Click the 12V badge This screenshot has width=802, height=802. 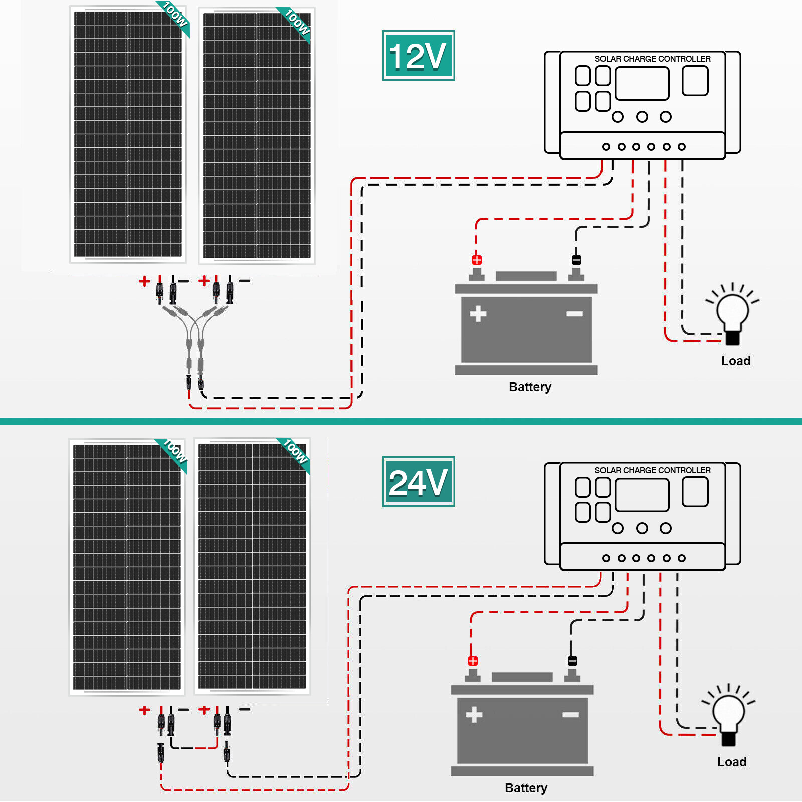[419, 55]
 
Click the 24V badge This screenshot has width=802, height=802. [419, 482]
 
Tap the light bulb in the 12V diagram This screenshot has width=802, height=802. [732, 311]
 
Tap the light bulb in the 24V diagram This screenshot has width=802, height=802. [728, 712]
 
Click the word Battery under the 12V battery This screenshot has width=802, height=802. [530, 387]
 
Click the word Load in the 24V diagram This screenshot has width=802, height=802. [732, 762]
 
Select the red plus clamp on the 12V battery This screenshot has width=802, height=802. [477, 260]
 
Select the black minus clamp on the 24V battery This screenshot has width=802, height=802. [572, 661]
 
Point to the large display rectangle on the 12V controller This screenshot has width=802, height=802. [642, 84]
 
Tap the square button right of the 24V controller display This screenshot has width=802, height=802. [695, 492]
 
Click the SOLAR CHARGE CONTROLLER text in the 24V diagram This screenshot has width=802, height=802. [652, 470]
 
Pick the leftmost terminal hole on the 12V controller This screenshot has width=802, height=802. [606, 147]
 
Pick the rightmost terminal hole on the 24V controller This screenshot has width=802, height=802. [681, 558]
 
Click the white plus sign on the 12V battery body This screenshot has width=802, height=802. [478, 314]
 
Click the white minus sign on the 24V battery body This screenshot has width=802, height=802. [570, 715]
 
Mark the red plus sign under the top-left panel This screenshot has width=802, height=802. [144, 281]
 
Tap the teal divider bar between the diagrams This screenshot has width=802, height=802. [401, 421]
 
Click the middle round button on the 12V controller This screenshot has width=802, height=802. [642, 117]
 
